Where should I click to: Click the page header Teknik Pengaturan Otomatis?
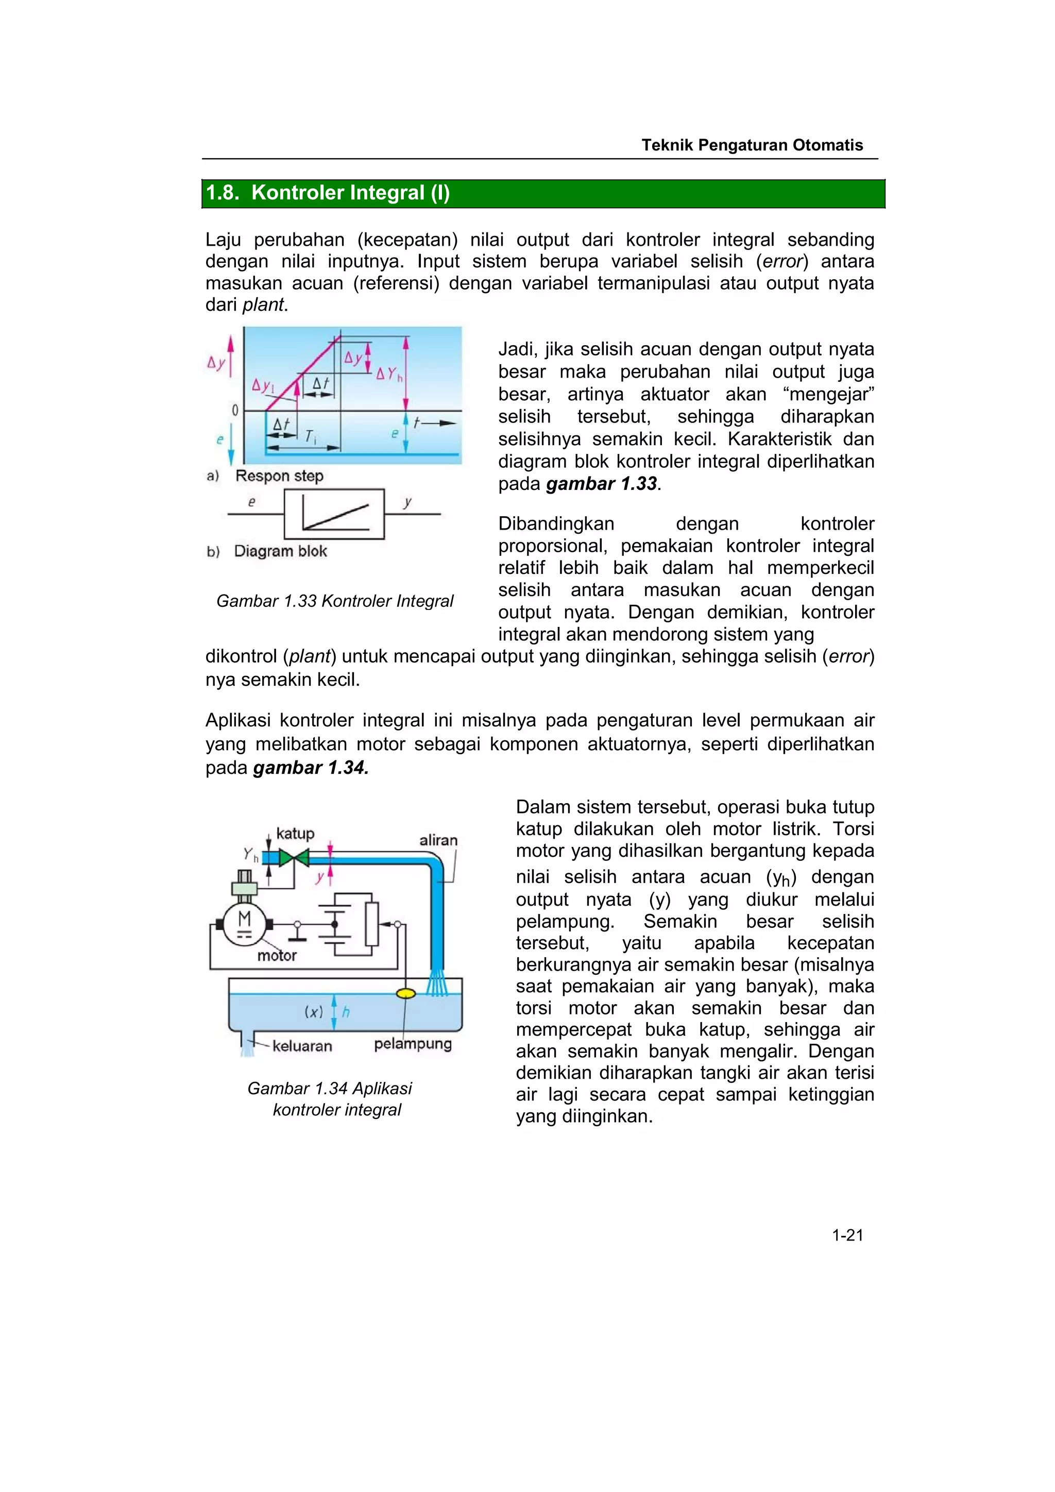click(x=752, y=145)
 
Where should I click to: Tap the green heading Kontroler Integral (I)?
click(x=328, y=193)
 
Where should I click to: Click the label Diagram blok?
click(x=280, y=551)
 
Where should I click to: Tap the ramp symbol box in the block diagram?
click(x=334, y=514)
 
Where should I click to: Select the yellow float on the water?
click(x=406, y=993)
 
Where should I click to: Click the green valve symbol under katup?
click(x=294, y=858)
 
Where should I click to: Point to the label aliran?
click(x=438, y=840)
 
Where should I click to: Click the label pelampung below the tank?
click(x=413, y=1044)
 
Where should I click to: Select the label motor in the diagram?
click(x=277, y=955)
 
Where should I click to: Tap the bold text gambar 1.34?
click(x=311, y=768)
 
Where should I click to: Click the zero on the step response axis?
click(x=235, y=411)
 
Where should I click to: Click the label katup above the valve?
click(x=295, y=833)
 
